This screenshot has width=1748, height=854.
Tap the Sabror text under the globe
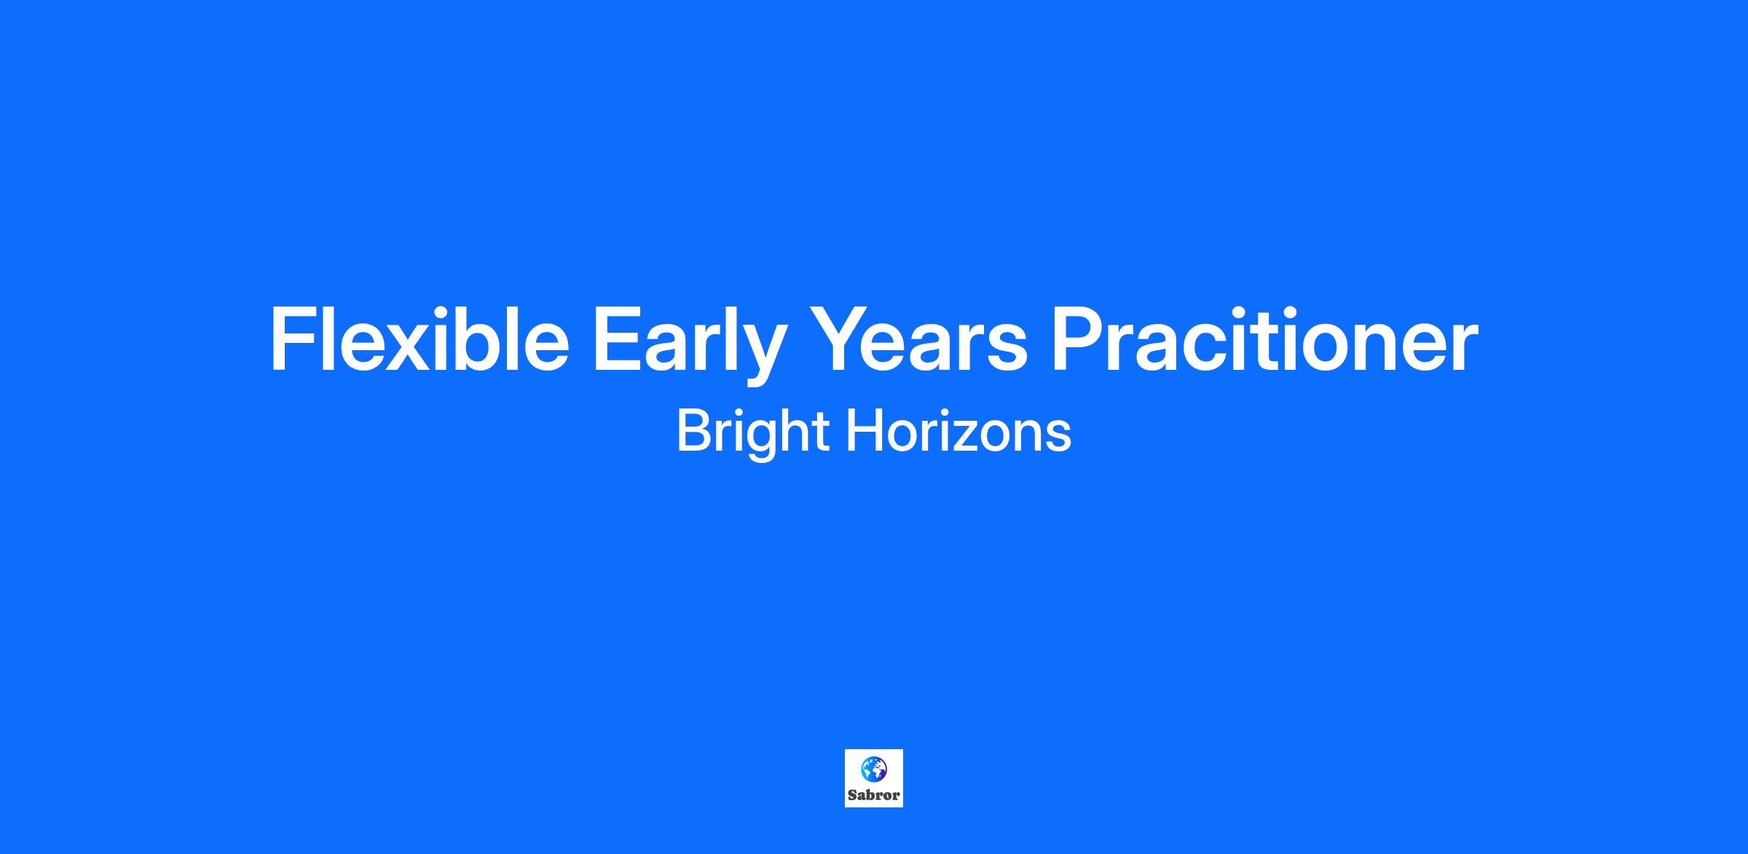point(874,795)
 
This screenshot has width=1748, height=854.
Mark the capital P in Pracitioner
point(1079,339)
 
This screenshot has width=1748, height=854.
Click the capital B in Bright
point(694,431)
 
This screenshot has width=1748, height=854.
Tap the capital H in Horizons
point(864,431)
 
